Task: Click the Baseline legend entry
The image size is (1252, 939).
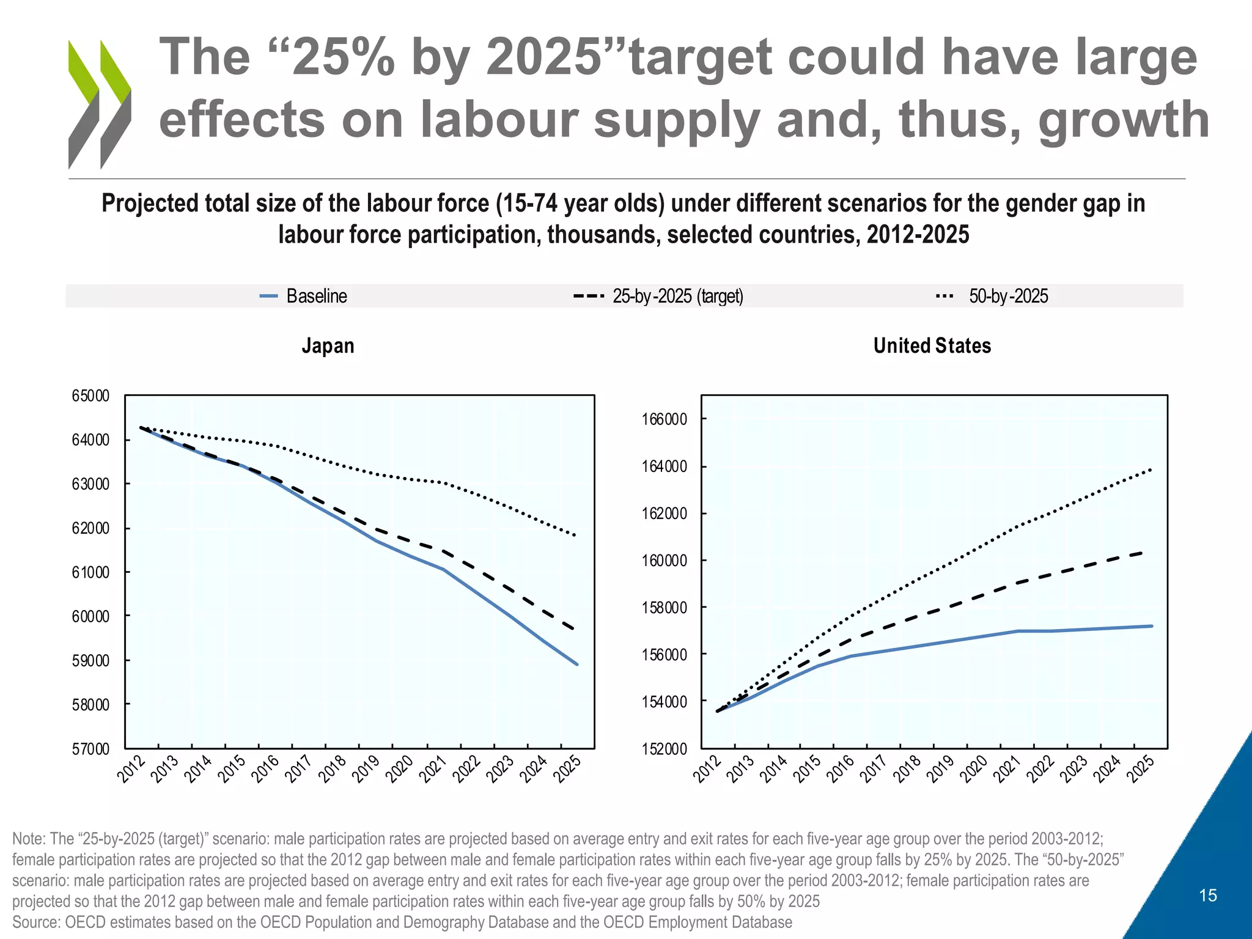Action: point(304,296)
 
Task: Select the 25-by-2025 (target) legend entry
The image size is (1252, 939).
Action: point(658,296)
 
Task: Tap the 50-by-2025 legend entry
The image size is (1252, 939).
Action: point(992,296)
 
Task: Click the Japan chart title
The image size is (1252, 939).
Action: point(328,346)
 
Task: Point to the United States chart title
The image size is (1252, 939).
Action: point(932,346)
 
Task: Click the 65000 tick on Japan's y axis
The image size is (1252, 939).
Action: point(90,396)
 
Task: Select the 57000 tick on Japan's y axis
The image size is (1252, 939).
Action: point(90,749)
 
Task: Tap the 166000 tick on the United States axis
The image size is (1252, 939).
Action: point(665,419)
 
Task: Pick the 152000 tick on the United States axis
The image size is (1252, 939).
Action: point(665,749)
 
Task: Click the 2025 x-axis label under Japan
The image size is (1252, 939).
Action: point(566,769)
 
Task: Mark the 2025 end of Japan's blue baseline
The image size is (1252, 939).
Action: point(576,664)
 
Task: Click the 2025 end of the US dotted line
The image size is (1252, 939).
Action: point(1151,469)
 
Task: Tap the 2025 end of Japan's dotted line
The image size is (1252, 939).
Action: point(575,536)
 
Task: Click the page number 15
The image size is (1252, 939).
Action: point(1208,896)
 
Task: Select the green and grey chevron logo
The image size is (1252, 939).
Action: point(100,104)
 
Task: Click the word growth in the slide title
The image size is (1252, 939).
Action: point(1124,119)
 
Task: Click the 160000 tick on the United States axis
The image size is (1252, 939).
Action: point(665,561)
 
